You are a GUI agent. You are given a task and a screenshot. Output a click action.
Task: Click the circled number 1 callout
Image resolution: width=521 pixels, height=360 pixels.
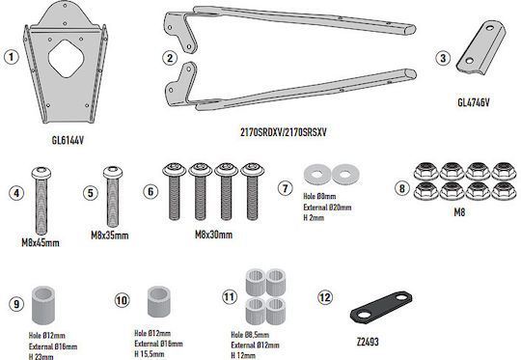[12, 57]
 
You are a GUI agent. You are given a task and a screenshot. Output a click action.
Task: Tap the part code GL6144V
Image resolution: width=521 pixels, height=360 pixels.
[68, 140]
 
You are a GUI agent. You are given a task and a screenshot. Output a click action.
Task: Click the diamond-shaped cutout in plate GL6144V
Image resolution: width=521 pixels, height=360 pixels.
[67, 59]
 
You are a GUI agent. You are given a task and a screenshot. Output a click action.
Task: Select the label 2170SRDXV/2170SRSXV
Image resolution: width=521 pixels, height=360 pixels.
[284, 132]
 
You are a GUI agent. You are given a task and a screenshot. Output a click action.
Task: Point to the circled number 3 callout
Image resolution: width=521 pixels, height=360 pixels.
[443, 58]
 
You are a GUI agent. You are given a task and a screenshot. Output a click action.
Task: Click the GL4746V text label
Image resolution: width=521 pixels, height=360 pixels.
[474, 102]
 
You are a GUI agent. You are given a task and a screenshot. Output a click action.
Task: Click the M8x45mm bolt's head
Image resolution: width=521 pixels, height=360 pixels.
[41, 173]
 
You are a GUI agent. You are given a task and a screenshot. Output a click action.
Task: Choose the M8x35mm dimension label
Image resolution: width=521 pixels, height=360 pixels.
[110, 235]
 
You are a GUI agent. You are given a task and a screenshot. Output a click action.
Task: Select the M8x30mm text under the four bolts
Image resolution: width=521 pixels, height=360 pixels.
[213, 235]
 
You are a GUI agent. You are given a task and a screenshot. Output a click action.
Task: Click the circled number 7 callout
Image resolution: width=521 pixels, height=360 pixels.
[285, 188]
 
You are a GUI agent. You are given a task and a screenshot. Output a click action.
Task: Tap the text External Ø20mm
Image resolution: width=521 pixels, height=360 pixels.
[327, 208]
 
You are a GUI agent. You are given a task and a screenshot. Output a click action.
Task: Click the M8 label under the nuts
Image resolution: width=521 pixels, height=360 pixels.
[459, 212]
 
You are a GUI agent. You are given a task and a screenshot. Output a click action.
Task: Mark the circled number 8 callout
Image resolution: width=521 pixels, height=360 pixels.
[402, 188]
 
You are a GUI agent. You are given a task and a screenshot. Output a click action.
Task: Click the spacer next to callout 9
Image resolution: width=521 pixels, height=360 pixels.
[43, 304]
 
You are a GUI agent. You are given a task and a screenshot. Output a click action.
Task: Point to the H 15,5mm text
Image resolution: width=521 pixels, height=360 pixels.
[150, 354]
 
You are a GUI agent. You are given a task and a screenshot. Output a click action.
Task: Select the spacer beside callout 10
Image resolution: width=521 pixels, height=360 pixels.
[159, 301]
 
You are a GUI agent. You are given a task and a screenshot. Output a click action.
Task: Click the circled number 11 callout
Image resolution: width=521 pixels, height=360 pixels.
[230, 297]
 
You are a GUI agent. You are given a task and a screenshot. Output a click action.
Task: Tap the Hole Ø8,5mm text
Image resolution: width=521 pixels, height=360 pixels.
[250, 335]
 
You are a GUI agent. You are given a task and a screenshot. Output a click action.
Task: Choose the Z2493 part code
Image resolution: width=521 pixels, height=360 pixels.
[368, 342]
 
